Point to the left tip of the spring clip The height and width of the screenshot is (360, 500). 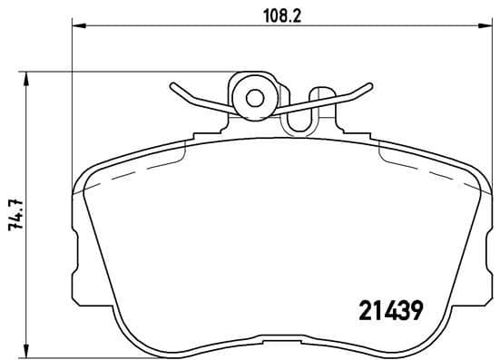(170, 88)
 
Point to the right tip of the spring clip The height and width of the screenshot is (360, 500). (371, 88)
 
